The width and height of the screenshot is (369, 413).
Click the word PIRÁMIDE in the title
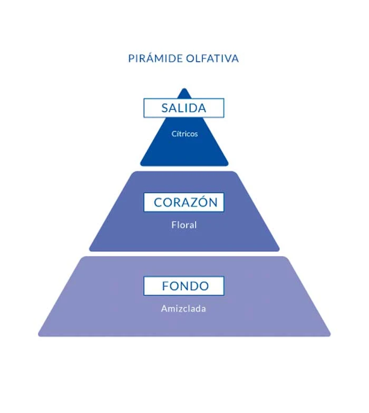(156, 58)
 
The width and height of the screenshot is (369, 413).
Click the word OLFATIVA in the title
(212, 58)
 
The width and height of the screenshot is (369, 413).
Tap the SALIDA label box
(183, 108)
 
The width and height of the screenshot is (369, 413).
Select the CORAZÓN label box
(183, 202)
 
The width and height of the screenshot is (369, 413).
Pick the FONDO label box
(183, 286)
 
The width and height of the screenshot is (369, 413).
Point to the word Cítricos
(184, 134)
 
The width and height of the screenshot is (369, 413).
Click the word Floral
(184, 225)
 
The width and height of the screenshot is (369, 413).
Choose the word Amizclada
(183, 309)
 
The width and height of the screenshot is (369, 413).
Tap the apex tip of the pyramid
(184, 88)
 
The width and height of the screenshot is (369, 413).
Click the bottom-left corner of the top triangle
(141, 165)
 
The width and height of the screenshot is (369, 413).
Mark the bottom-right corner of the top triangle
(227, 165)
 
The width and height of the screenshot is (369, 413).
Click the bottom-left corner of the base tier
(40, 335)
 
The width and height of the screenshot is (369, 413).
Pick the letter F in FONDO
(166, 286)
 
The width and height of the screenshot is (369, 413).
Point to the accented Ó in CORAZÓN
(205, 201)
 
